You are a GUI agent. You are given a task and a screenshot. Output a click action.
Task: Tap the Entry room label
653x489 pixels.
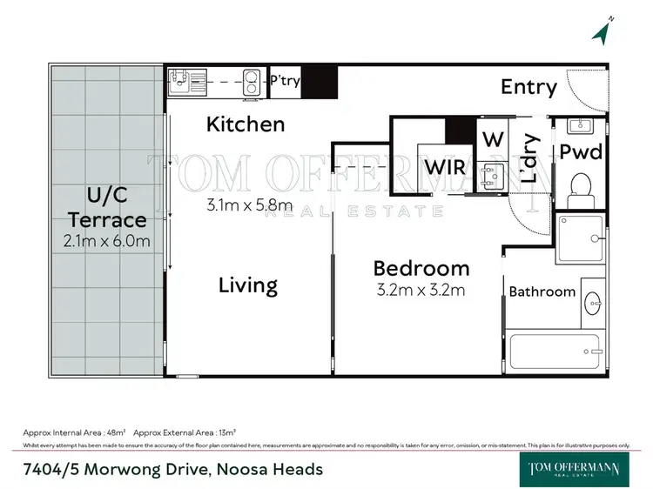click(528, 87)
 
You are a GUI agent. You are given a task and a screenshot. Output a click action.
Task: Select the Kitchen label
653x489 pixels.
click(246, 124)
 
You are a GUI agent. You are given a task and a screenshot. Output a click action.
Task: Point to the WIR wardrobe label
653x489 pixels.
click(443, 166)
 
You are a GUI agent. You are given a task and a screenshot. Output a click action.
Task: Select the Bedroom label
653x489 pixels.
click(421, 268)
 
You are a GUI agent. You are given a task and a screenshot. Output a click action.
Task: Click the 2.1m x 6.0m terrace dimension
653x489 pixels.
click(106, 239)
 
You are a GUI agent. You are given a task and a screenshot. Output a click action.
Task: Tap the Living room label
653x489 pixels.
click(248, 285)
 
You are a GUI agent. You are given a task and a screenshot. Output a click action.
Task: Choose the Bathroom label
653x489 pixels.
click(542, 291)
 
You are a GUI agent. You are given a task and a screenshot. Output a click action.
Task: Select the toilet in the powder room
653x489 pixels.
click(581, 185)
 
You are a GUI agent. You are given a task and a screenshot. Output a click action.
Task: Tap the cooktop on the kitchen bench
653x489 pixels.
click(252, 81)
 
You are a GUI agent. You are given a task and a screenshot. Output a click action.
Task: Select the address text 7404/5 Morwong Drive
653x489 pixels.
click(172, 470)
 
